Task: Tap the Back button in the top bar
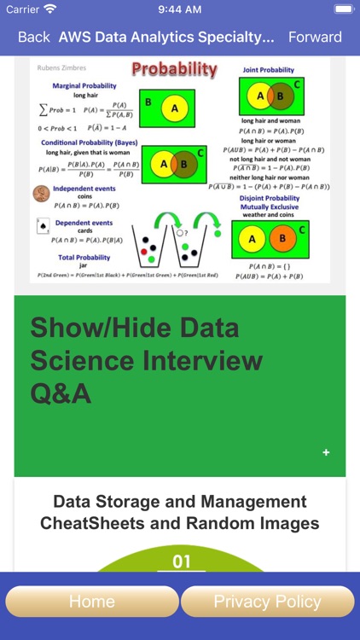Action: (34, 37)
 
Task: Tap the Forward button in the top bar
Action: (315, 37)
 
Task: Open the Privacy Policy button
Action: (267, 602)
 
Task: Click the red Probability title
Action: (174, 70)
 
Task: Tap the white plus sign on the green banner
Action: (326, 452)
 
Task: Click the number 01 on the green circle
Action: (181, 561)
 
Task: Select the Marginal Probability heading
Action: (85, 86)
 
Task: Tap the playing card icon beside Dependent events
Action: (41, 227)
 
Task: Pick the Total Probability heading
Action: (83, 257)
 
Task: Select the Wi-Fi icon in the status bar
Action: (50, 9)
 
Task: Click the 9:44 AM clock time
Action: (179, 9)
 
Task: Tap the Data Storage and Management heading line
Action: (180, 502)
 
